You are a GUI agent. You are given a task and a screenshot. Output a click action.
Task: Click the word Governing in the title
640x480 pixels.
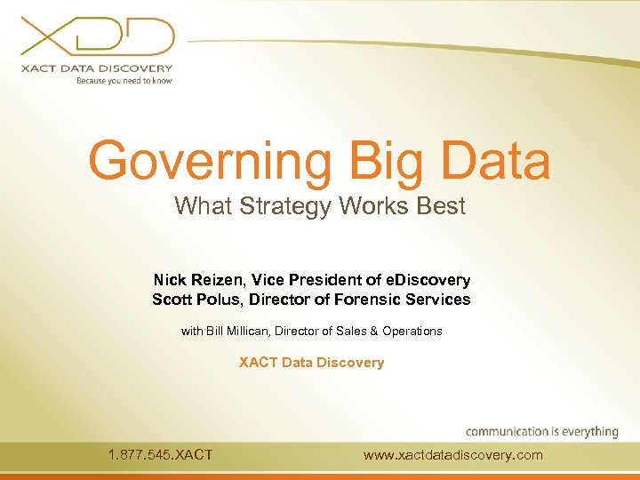coord(210,161)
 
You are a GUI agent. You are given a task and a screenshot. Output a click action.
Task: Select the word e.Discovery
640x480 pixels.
coord(427,280)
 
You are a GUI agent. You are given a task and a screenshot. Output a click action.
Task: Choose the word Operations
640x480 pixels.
coord(412,332)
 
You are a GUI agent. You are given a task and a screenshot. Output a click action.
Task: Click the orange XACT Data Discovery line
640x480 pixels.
coord(311,363)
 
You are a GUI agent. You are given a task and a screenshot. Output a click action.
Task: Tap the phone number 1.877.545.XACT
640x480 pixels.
coord(160,455)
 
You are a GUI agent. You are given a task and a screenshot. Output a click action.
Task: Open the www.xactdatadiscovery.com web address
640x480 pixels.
coord(452,455)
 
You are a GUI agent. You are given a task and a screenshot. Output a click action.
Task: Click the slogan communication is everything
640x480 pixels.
coord(541,431)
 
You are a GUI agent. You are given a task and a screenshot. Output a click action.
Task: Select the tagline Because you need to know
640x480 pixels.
coord(124,80)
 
